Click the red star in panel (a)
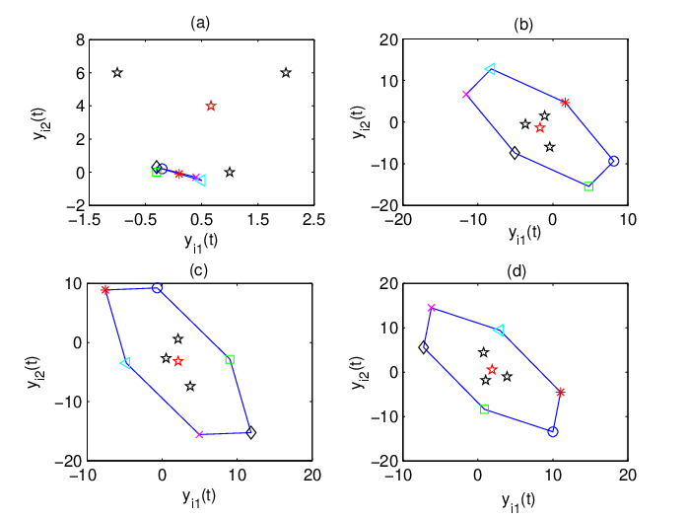[x=211, y=106]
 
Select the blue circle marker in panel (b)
[x=613, y=161]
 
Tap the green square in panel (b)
[x=588, y=186]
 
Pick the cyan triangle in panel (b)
[x=490, y=69]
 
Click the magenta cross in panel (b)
[x=465, y=95]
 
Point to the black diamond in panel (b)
[x=515, y=153]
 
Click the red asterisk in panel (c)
[x=104, y=290]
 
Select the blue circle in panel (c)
[x=157, y=288]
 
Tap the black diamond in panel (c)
[x=251, y=433]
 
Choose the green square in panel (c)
[x=230, y=359]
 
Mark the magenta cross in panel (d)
[x=432, y=308]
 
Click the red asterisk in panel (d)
[x=560, y=393]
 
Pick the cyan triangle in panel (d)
[x=499, y=330]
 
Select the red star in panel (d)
[x=492, y=369]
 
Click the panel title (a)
[x=200, y=23]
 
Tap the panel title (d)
[x=516, y=271]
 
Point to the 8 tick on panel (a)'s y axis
[x=80, y=40]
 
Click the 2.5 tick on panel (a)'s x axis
[x=313, y=219]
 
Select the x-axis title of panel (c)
[x=199, y=498]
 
